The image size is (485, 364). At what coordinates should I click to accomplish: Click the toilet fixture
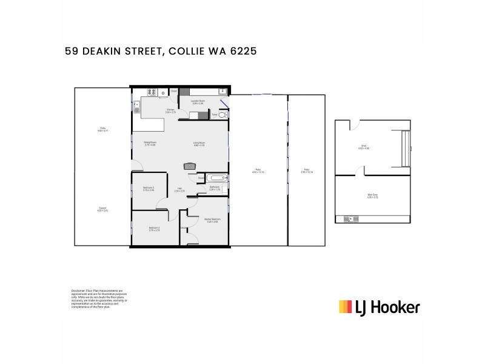tap(222, 115)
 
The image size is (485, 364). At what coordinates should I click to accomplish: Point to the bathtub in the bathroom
tap(216, 178)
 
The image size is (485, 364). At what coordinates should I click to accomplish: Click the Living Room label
tap(199, 144)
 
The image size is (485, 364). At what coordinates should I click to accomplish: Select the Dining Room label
tap(150, 144)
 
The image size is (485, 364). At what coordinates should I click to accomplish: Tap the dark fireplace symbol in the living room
tap(190, 166)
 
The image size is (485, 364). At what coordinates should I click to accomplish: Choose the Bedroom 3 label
tap(149, 189)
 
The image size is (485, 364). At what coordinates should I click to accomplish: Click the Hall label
tap(179, 189)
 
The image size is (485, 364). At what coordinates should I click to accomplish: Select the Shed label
tap(363, 147)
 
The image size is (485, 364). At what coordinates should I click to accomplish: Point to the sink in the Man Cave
tap(350, 218)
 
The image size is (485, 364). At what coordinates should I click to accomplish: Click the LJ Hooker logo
tap(379, 307)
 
